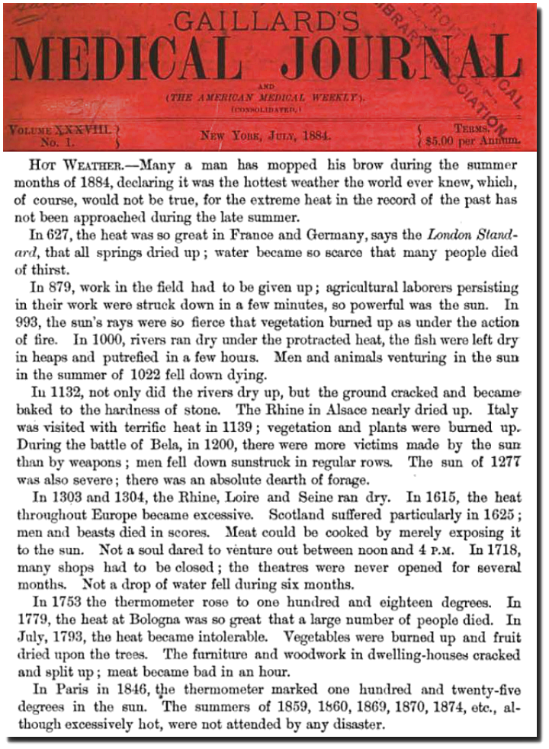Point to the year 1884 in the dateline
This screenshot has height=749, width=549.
[x=313, y=136]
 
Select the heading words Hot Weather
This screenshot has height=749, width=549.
[x=75, y=164]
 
